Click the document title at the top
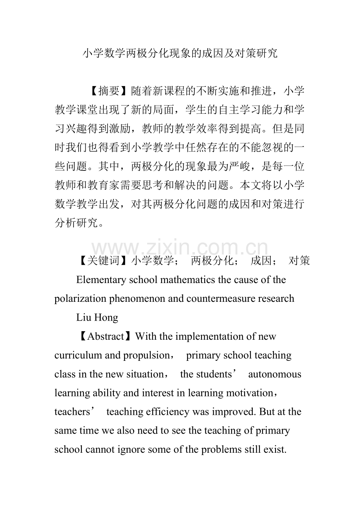pos(180,54)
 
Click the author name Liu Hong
pos(97,317)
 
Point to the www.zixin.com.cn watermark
pos(180,249)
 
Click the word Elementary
pos(101,280)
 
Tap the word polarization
pos(77,299)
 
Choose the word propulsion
pos(146,355)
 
